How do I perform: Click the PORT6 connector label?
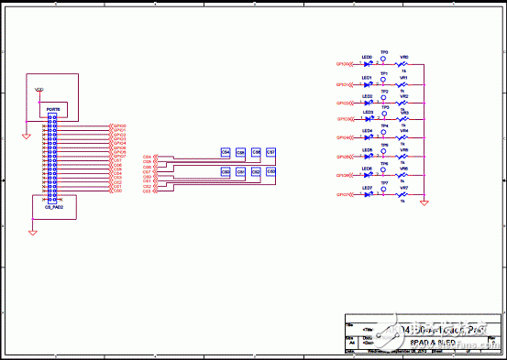click(53, 109)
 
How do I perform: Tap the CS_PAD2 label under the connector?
click(53, 208)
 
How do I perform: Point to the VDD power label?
click(39, 90)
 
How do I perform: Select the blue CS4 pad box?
click(226, 152)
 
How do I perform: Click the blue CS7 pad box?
click(270, 152)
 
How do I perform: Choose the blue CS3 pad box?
click(270, 171)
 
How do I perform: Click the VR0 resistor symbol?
click(403, 64)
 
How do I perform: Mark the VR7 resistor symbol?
click(403, 195)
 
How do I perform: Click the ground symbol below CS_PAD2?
click(32, 233)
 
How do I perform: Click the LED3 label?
click(368, 112)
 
